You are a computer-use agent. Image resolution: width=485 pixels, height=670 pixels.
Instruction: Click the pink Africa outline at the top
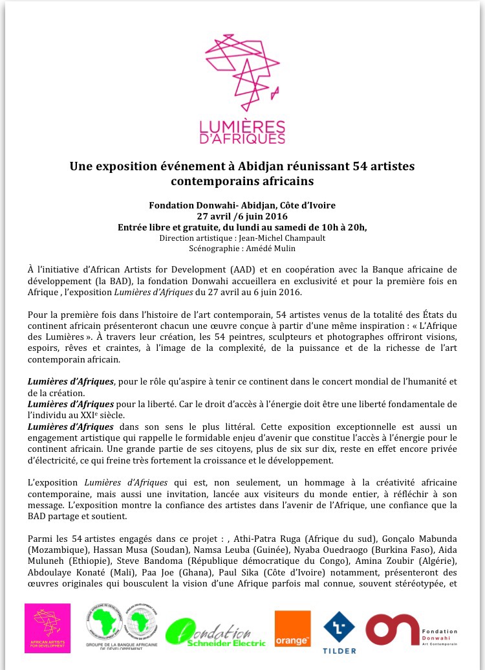[x=242, y=71]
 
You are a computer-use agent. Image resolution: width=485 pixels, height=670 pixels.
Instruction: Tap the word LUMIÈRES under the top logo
[x=242, y=126]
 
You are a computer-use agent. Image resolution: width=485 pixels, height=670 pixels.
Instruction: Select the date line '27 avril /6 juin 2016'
[x=242, y=216]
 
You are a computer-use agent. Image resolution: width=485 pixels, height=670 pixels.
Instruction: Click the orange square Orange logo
[x=293, y=629]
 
